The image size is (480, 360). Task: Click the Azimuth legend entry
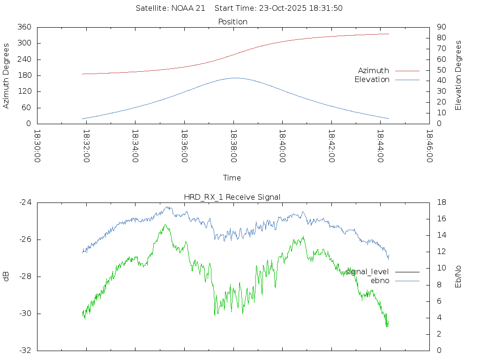point(374,71)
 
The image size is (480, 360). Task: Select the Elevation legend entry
point(372,80)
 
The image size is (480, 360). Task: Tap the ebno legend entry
point(380,281)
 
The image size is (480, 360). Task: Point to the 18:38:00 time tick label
point(233,146)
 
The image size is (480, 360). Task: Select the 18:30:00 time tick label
point(37,146)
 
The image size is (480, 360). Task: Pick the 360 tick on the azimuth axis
point(24,27)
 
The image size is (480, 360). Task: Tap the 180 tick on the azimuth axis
point(24,75)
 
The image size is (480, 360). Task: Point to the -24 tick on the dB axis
point(25,202)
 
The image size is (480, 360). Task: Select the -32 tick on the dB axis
point(25,350)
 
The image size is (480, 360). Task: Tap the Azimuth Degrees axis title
point(7,75)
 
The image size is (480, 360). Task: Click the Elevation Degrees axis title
point(458,75)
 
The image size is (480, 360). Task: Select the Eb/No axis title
point(458,277)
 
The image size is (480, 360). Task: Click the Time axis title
point(232,178)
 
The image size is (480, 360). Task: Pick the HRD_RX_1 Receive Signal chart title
point(232,197)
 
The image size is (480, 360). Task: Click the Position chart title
point(233,22)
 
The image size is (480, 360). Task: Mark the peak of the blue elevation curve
point(234,78)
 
